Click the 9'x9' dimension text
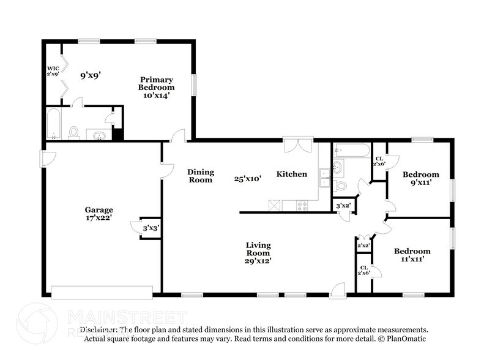click(x=91, y=76)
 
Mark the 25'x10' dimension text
click(x=248, y=179)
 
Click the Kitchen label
click(x=291, y=174)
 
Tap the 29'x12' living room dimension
click(x=258, y=261)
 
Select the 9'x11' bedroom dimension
click(x=420, y=182)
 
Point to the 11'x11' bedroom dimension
click(x=412, y=260)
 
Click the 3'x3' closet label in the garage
click(x=151, y=228)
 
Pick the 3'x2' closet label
click(x=343, y=206)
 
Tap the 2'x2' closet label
click(x=363, y=246)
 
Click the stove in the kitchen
click(x=302, y=206)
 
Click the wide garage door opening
click(x=102, y=292)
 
